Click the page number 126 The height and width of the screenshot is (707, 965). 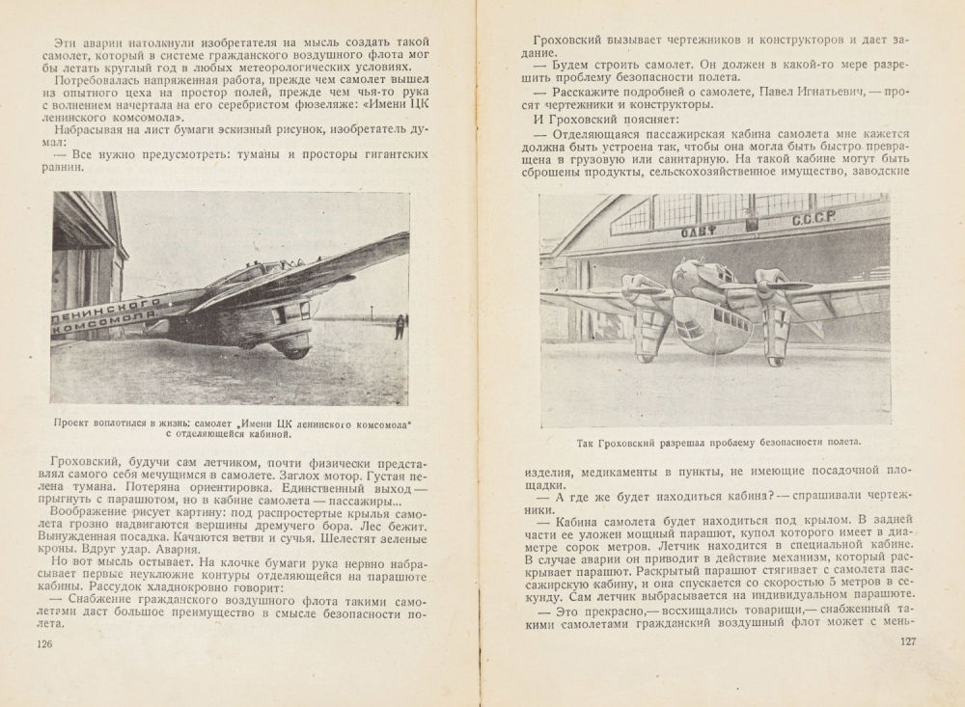(x=44, y=643)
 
